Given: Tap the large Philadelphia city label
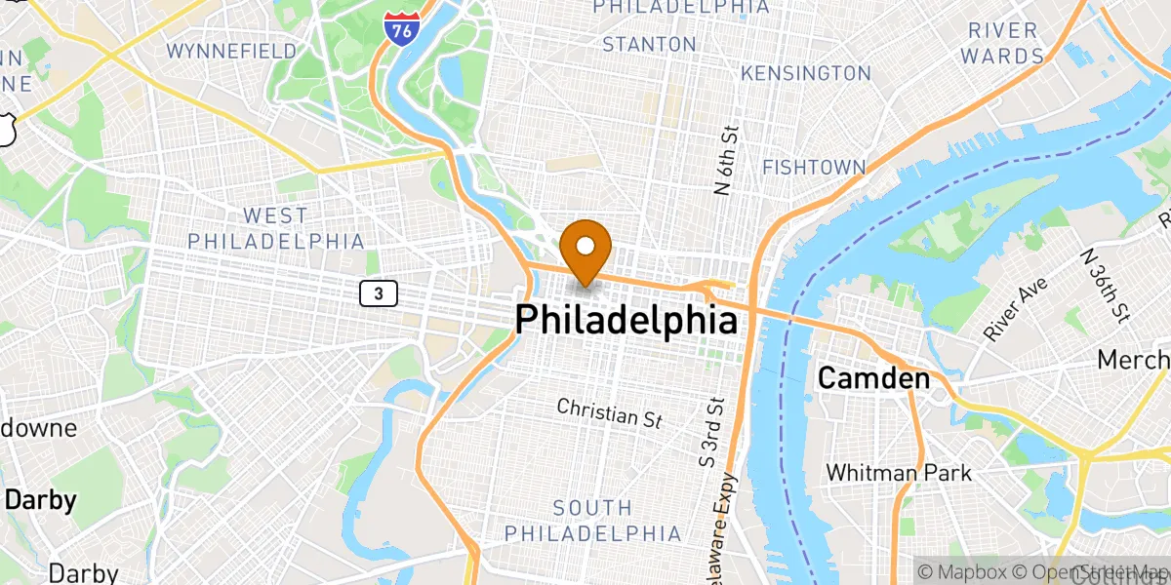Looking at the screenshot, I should [x=626, y=319].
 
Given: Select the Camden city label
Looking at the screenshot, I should [x=873, y=377].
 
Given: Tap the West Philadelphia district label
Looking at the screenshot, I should [x=276, y=228].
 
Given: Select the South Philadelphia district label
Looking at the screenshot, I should [x=593, y=521].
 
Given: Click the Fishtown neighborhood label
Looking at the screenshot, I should [x=814, y=168].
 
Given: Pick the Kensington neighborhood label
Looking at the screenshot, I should [x=806, y=73].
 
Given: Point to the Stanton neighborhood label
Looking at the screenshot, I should [x=650, y=45].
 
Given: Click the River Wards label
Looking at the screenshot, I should [x=1002, y=44].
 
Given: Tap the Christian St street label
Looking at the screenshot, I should [x=610, y=412].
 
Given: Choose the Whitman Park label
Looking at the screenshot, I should [x=899, y=473].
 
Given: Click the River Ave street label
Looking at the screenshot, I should [x=1014, y=309].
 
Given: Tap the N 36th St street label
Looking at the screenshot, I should [x=1105, y=285].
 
